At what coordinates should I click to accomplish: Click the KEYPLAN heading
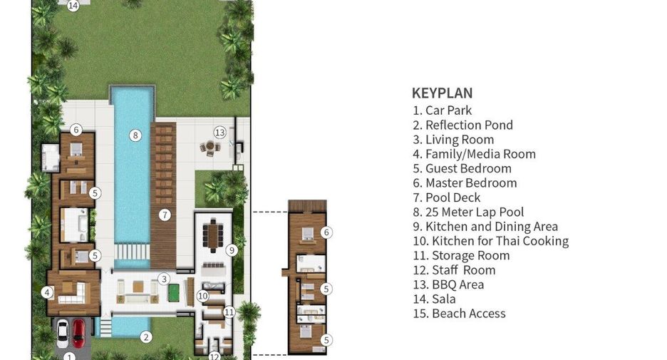442,93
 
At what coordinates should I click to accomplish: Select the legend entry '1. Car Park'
443,110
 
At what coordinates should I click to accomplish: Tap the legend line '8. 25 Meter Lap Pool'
468,212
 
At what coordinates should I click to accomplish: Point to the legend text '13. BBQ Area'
448,284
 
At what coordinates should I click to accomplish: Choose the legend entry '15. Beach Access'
460,313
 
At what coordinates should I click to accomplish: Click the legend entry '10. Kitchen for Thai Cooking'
491,241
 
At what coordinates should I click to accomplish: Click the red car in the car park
78,333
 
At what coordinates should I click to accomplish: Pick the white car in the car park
63,333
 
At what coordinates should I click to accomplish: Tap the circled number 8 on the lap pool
135,135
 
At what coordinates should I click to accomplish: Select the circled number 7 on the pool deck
165,215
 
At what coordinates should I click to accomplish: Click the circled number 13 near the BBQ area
219,133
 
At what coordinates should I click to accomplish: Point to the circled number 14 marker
73,6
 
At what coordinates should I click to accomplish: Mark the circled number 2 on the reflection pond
146,337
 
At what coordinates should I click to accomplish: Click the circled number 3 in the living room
164,279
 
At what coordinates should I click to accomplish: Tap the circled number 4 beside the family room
47,292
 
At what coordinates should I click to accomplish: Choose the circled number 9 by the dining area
232,250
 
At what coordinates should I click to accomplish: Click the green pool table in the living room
175,293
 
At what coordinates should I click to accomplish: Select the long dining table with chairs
212,235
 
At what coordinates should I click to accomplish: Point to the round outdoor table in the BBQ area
210,147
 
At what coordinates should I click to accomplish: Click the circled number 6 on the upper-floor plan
326,232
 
